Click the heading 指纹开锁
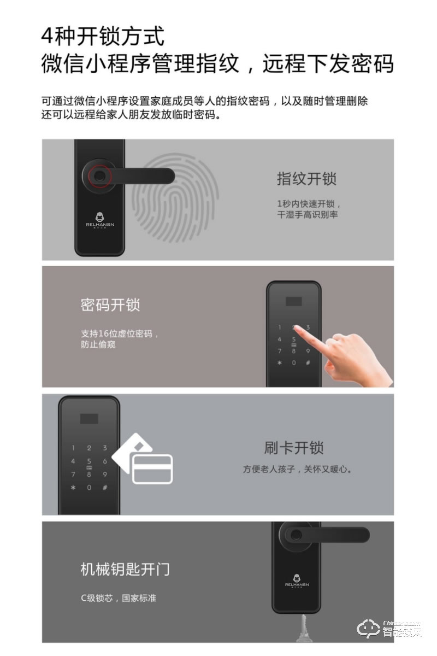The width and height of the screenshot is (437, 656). [306, 179]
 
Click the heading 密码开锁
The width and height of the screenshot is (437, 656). [110, 304]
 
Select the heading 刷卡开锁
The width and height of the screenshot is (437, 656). [294, 448]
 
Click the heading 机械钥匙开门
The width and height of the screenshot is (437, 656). [125, 569]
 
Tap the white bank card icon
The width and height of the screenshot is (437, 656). [151, 469]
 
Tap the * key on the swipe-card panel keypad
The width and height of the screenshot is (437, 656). [73, 488]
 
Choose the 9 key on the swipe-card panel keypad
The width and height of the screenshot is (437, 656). [105, 475]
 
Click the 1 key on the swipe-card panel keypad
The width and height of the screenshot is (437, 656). [73, 448]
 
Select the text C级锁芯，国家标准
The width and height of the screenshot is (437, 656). [119, 598]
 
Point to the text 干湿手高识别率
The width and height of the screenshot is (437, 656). [308, 215]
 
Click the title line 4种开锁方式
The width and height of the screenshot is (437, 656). [103, 37]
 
